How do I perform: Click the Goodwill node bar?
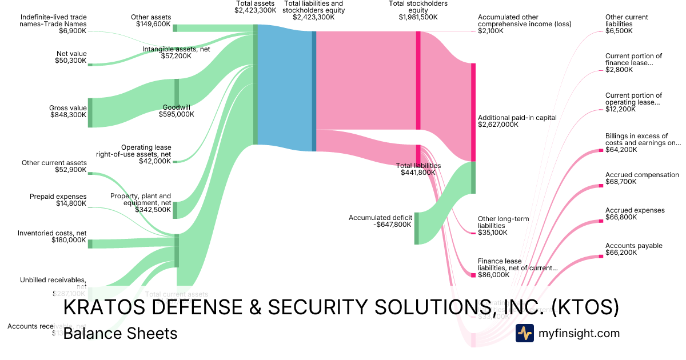[x=177, y=92]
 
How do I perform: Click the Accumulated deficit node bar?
[x=416, y=228]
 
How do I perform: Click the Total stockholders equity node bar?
[x=418, y=80]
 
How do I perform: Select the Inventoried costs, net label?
[x=52, y=237]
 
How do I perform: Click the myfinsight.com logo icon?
[x=524, y=333]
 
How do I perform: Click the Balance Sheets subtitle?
[x=120, y=333]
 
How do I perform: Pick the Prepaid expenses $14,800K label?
[x=58, y=200]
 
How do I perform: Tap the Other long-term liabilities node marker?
[x=473, y=233]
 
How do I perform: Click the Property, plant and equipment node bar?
[x=176, y=210]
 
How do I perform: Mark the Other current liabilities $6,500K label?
[x=627, y=24]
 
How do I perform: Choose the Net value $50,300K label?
[x=71, y=57]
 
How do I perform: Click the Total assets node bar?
[x=256, y=85]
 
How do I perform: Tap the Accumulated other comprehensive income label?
[x=524, y=24]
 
